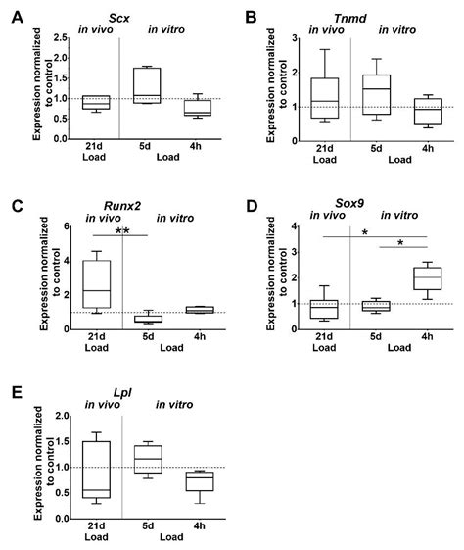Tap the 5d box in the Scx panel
[147, 84]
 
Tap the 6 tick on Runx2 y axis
[68, 226]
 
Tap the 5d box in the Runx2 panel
[148, 318]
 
